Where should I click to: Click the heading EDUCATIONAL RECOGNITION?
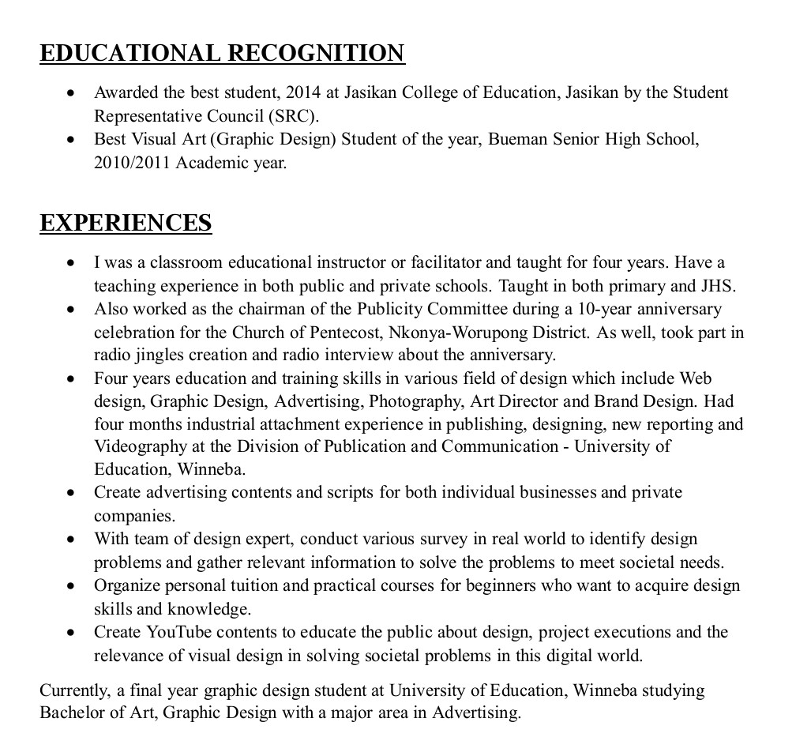(222, 53)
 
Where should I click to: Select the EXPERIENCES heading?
(126, 223)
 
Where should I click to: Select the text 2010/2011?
(133, 164)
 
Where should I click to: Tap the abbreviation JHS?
(719, 285)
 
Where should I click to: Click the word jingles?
(165, 355)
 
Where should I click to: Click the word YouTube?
(178, 632)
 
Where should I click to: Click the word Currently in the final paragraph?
(75, 690)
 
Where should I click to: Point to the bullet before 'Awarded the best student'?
(72, 93)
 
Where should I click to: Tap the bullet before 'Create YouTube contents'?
(72, 633)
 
